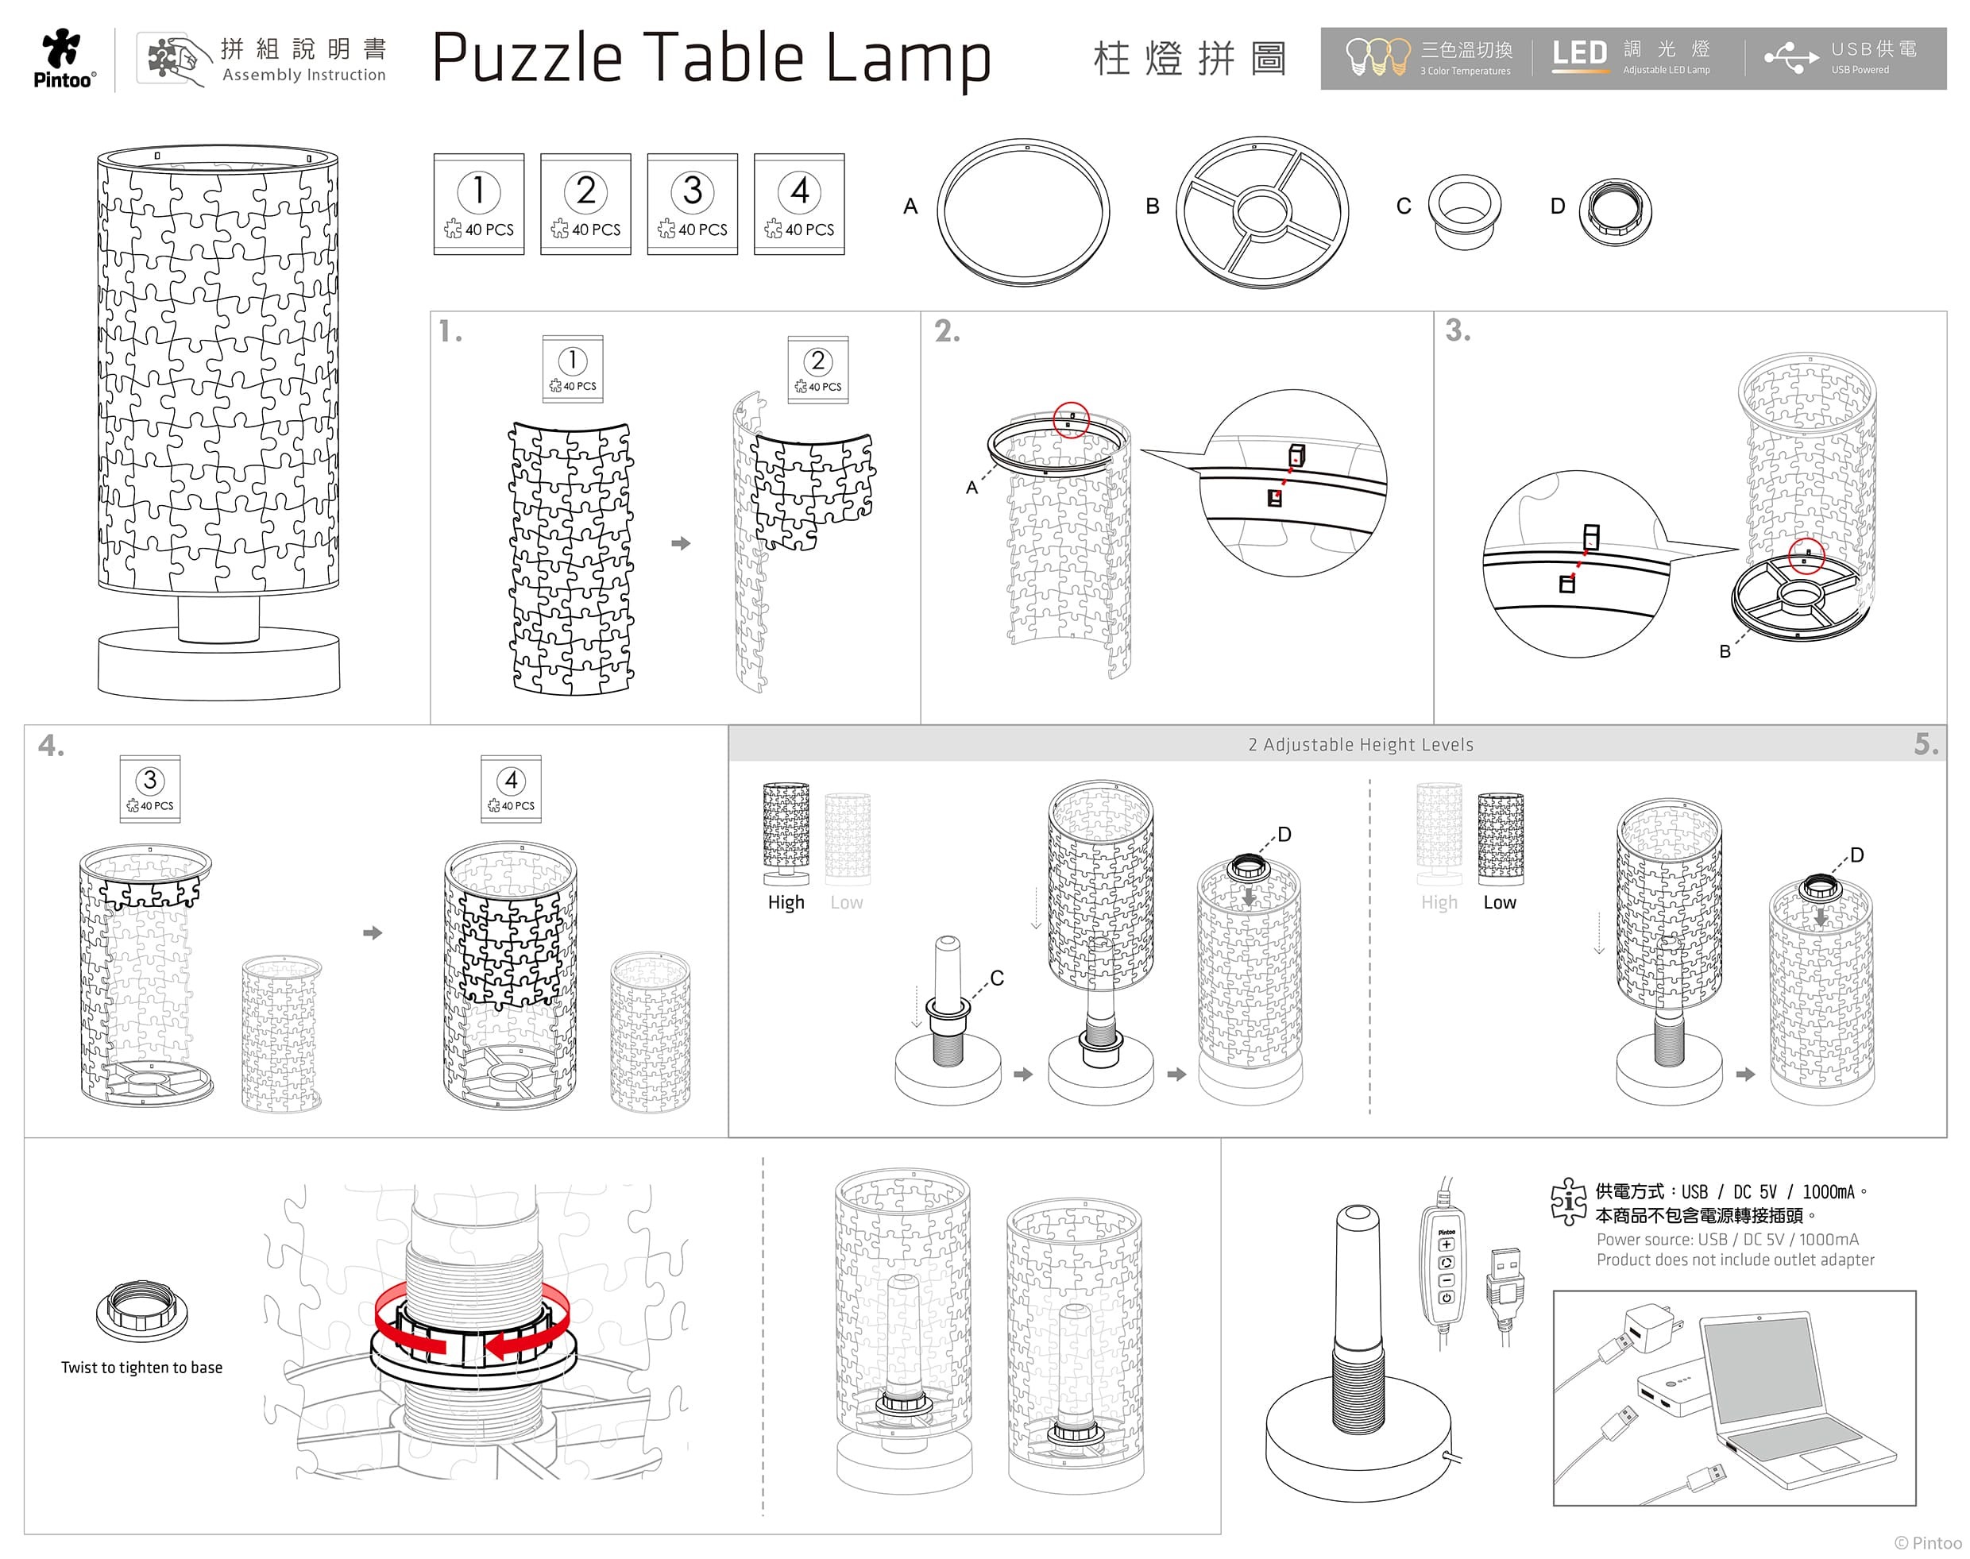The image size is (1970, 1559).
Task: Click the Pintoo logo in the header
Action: point(64,59)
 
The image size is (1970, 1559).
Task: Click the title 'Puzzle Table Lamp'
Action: point(711,59)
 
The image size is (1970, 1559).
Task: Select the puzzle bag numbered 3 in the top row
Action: point(692,203)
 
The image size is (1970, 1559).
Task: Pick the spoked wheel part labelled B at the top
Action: point(1262,212)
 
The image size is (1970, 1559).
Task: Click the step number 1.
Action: point(449,330)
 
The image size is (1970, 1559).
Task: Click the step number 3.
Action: point(1458,330)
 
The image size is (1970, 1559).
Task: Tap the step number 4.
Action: point(51,746)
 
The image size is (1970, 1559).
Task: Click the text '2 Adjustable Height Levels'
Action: point(1360,745)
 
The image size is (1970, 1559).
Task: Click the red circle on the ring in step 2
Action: point(1072,420)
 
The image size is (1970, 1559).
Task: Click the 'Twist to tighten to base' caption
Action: point(141,1368)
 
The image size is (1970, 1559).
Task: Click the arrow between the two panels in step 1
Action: point(681,543)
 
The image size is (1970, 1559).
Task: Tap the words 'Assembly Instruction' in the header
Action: point(304,75)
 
